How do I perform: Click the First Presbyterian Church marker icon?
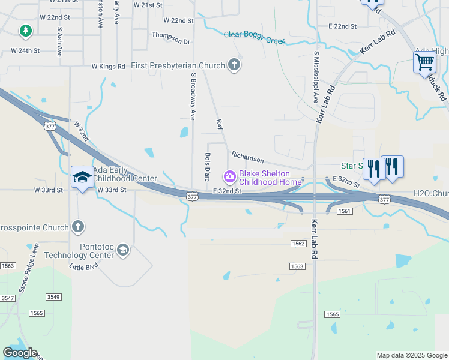coord(234,65)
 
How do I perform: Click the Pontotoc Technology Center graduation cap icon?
coord(123,250)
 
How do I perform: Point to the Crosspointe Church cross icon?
coord(77,227)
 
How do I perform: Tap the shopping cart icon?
coord(424,61)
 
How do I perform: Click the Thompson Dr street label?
coord(170,34)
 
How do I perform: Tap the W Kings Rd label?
coord(108,67)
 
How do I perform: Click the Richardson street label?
coord(247,157)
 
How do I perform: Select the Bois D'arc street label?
coord(206,166)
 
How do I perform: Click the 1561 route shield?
coord(344,211)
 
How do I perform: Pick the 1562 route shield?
coord(298,243)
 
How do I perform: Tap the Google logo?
coord(20,353)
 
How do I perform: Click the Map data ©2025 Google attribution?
coord(411,355)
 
